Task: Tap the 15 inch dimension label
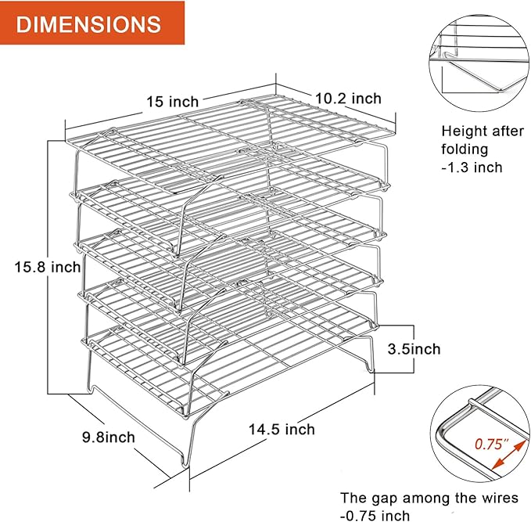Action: coord(173,100)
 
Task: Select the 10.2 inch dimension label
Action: coord(348,99)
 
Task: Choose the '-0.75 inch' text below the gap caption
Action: coord(375,515)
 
